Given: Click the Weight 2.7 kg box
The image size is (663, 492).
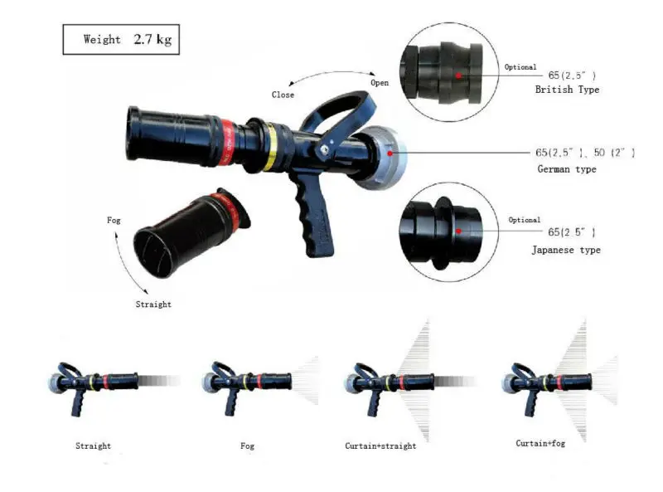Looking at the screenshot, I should pyautogui.click(x=120, y=40).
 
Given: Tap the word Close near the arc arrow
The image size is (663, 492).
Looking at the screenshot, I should pyautogui.click(x=283, y=95).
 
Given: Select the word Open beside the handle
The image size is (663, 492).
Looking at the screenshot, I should pyautogui.click(x=380, y=83).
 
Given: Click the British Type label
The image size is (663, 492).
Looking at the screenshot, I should pyautogui.click(x=567, y=90).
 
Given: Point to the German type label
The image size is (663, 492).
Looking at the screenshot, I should pyautogui.click(x=567, y=169).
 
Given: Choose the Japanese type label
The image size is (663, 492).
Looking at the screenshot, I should pyautogui.click(x=567, y=250).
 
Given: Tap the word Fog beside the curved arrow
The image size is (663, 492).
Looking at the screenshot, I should pyautogui.click(x=114, y=220).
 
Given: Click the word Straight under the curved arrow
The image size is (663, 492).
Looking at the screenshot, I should pyautogui.click(x=153, y=304).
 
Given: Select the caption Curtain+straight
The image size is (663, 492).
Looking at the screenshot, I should pyautogui.click(x=380, y=446).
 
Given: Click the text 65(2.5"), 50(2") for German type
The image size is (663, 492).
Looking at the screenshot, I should pyautogui.click(x=584, y=153).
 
